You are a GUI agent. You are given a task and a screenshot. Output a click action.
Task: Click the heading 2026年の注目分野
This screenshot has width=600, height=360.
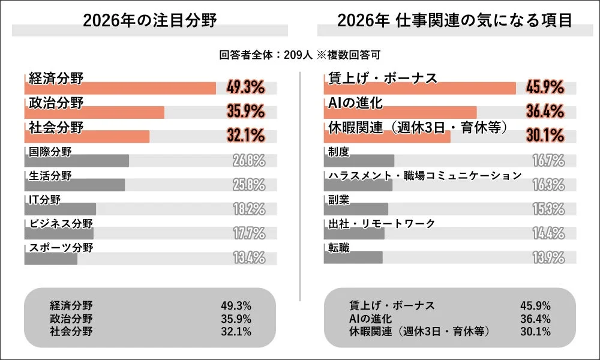click(x=149, y=20)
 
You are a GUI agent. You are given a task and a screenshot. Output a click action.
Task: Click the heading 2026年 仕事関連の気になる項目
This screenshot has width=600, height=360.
click(x=454, y=20)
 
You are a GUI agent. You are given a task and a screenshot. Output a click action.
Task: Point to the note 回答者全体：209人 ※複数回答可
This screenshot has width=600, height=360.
click(x=299, y=55)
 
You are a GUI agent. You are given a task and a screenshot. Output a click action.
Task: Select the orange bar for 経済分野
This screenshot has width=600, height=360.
click(x=120, y=89)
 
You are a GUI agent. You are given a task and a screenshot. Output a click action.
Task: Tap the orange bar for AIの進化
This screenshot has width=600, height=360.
click(x=400, y=113)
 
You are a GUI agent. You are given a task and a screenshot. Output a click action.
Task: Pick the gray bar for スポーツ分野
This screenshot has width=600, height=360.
click(x=51, y=259)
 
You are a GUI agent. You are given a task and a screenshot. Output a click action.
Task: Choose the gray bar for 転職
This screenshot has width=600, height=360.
click(x=353, y=257)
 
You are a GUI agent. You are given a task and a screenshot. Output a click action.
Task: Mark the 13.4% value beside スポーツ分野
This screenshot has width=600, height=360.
click(x=248, y=259)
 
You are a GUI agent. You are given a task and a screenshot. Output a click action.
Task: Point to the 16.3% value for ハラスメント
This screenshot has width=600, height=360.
click(x=548, y=185)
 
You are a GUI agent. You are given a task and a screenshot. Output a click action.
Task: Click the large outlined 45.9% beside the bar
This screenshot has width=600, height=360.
click(x=545, y=88)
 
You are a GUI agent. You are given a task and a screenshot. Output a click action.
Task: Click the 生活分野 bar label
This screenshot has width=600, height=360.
click(x=50, y=175)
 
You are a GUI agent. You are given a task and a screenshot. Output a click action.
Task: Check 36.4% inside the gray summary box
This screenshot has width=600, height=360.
click(x=535, y=318)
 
